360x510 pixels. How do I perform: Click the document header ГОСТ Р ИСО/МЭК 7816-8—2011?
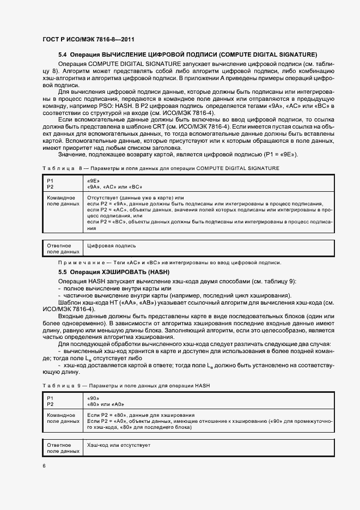[x=88, y=39]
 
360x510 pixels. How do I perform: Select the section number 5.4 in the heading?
[x=63, y=54]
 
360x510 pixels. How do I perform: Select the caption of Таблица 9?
[x=126, y=385]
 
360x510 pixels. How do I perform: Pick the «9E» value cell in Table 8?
[x=93, y=180]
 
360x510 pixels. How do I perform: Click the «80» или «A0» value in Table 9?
[x=106, y=405]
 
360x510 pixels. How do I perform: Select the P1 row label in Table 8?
[x=50, y=180]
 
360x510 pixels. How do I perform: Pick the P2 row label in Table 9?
[x=50, y=405]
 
